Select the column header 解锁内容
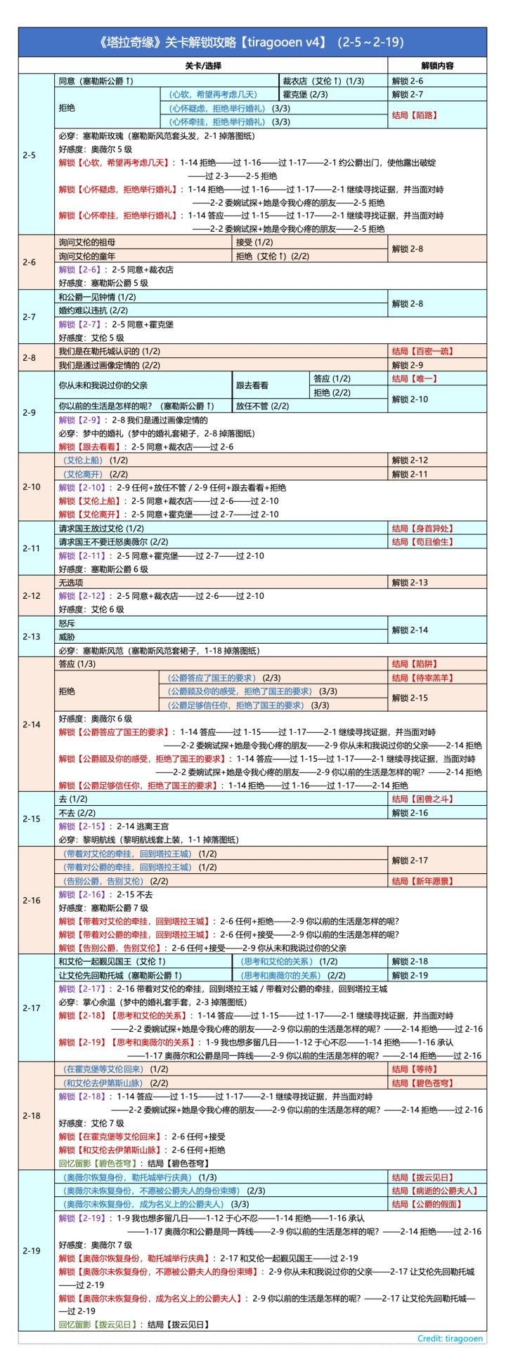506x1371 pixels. coord(436,65)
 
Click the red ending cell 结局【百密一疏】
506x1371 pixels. coord(415,351)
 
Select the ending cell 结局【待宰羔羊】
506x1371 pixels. coord(415,677)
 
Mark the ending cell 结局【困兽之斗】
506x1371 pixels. coord(415,799)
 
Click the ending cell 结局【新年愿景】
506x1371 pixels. coord(415,881)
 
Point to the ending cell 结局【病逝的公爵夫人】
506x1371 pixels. coord(435,1191)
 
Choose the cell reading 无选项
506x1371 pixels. coord(71,583)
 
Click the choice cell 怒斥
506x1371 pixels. coord(67,623)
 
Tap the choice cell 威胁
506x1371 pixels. coord(67,637)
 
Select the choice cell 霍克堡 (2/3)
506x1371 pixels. coord(305,95)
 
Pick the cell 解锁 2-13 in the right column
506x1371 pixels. coord(410,583)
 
